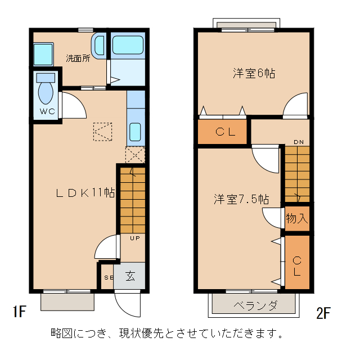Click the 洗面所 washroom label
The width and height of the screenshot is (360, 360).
78,58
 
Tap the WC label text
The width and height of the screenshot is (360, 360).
48,111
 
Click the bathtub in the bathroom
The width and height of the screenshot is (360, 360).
128,45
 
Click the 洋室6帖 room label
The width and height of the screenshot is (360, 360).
254,74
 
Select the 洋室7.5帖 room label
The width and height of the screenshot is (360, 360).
240,199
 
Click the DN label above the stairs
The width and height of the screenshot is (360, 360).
298,142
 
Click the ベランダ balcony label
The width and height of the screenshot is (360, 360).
255,305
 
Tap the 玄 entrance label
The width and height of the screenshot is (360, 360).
130,276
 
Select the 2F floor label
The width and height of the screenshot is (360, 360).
323,312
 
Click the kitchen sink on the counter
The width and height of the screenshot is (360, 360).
135,133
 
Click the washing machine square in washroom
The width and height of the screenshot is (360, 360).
43,54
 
